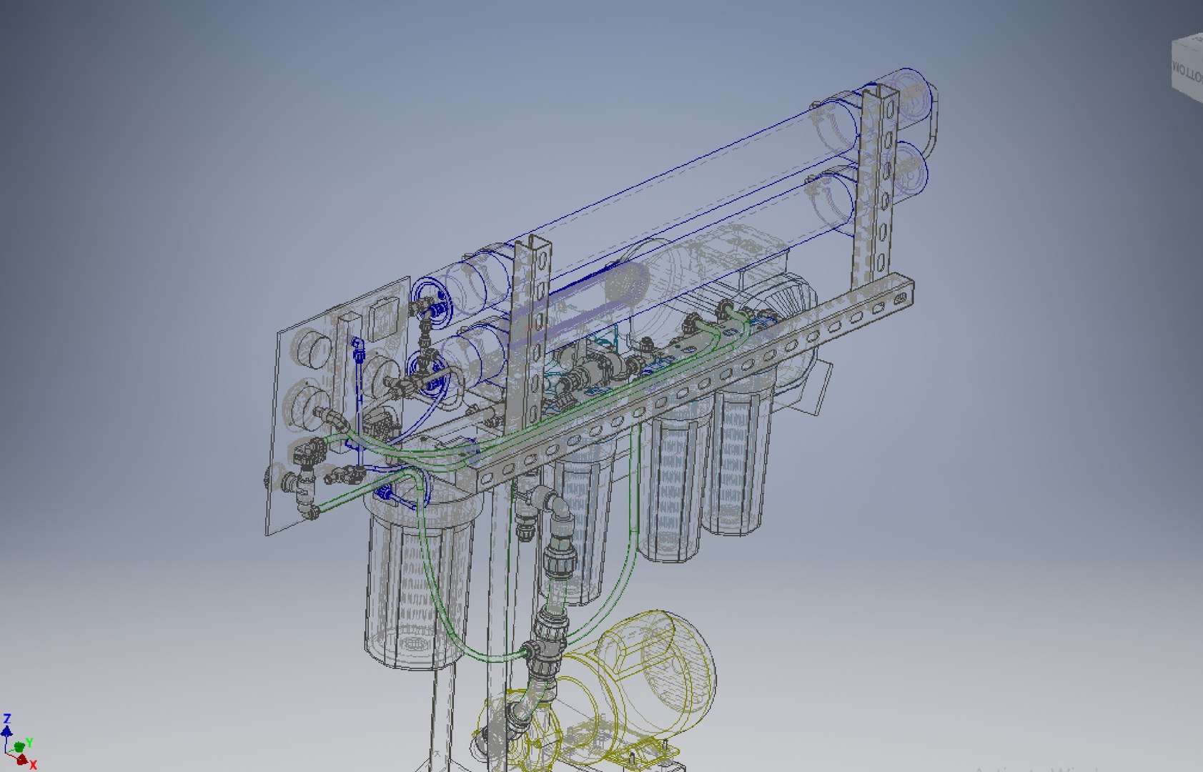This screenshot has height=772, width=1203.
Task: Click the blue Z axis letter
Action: coord(7,718)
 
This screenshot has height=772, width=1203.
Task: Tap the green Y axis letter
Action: coord(30,743)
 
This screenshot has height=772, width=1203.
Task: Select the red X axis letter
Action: coord(33,765)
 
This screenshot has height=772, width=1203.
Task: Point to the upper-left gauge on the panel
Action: coord(314,350)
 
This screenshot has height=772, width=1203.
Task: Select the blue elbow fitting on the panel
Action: coord(359,350)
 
